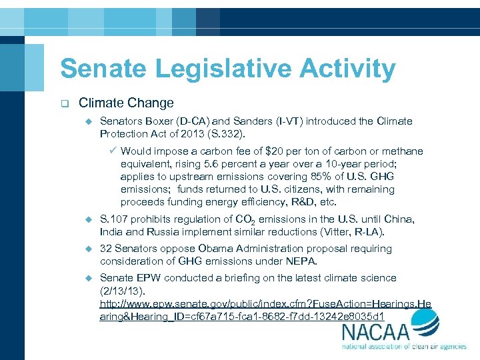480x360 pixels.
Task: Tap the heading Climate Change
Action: (x=126, y=103)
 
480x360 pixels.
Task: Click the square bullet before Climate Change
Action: (x=64, y=103)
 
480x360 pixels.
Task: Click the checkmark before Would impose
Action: (x=113, y=151)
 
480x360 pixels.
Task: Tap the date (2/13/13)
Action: (x=123, y=290)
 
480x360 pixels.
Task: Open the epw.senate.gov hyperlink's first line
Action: (x=265, y=303)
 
